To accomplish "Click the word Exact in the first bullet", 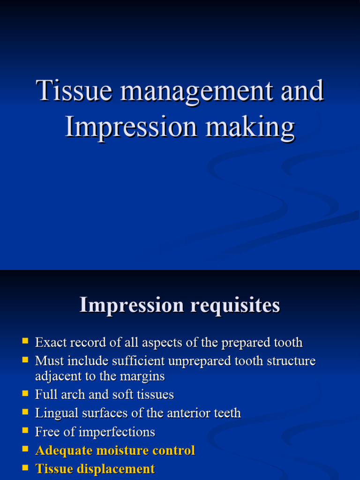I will point(49,343).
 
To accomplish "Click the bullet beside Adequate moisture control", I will point(25,449).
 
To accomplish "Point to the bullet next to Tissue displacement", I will point(25,467).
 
